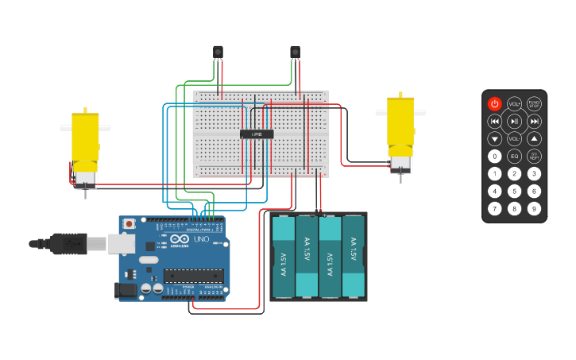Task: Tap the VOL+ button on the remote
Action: click(514, 104)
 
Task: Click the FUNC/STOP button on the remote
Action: click(534, 104)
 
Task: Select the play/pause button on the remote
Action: click(514, 121)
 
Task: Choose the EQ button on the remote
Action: click(514, 156)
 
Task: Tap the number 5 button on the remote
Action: click(514, 191)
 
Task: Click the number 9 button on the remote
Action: click(534, 208)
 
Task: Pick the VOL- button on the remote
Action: click(514, 138)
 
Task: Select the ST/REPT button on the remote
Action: click(534, 156)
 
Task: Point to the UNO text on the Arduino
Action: click(201, 239)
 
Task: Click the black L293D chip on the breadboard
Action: click(257, 134)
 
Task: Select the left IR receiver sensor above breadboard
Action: click(218, 52)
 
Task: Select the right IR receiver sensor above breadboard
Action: click(295, 52)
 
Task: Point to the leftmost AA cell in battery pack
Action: click(284, 256)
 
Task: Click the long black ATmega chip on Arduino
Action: click(193, 276)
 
